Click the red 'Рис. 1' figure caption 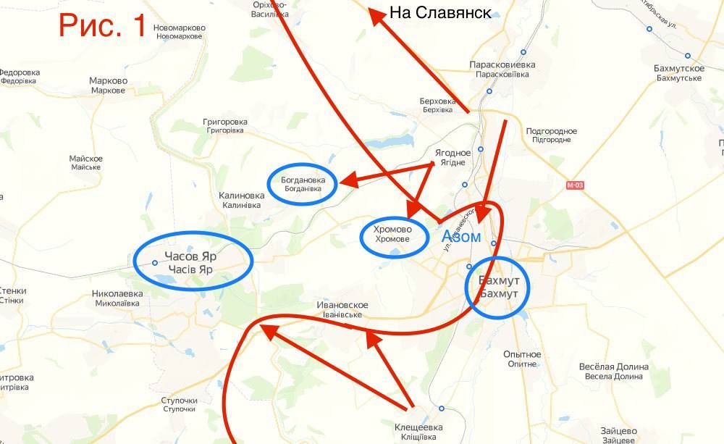(x=103, y=25)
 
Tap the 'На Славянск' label (x=439, y=13)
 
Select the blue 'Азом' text (x=460, y=237)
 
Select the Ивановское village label (x=343, y=310)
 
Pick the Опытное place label (x=523, y=359)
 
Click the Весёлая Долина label (x=611, y=371)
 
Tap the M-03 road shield (x=575, y=185)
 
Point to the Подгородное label (x=552, y=135)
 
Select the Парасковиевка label (x=502, y=69)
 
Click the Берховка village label (x=437, y=105)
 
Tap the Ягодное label (x=452, y=157)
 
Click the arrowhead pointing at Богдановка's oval (x=345, y=182)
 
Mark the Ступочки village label (x=180, y=404)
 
